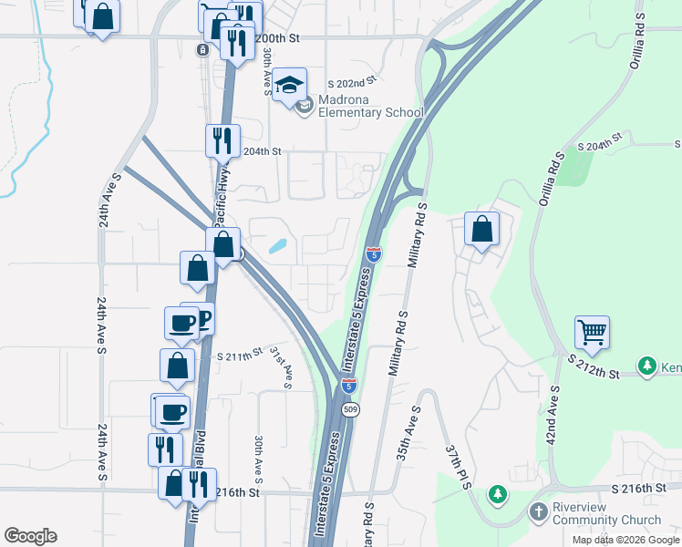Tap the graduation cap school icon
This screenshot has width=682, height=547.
pyautogui.click(x=290, y=88)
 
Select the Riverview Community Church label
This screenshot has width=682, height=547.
pyautogui.click(x=607, y=514)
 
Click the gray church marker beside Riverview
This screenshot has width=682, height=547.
pyautogui.click(x=539, y=512)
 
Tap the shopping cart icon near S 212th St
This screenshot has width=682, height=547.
pyautogui.click(x=592, y=333)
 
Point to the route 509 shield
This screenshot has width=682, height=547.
pyautogui.click(x=350, y=410)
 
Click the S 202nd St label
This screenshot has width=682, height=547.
pyautogui.click(x=353, y=83)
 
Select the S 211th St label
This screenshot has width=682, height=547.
pyautogui.click(x=240, y=353)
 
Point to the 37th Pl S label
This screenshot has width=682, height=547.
pyautogui.click(x=457, y=467)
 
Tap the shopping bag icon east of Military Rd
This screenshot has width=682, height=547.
pyautogui.click(x=481, y=230)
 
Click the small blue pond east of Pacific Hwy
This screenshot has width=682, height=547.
pyautogui.click(x=278, y=246)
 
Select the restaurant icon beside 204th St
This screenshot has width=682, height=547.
pyautogui.click(x=222, y=140)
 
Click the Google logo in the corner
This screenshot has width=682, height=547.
pyautogui.click(x=30, y=536)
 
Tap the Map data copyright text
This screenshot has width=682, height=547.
pyautogui.click(x=626, y=540)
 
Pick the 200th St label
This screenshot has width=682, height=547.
pyautogui.click(x=277, y=39)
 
